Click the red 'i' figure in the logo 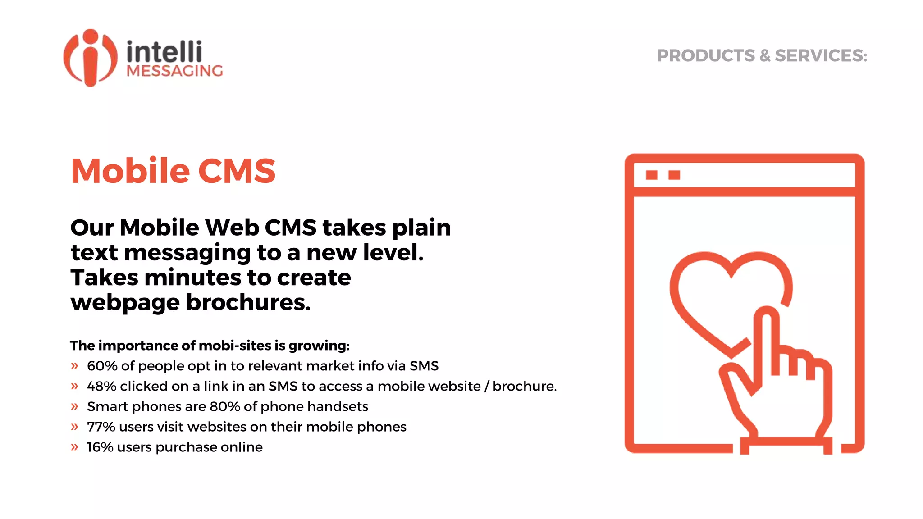coord(91,59)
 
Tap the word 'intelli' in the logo coord(164,52)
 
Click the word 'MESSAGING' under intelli coord(175,71)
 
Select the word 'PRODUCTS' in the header coord(705,56)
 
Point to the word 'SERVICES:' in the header coord(821,56)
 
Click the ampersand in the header coord(765,56)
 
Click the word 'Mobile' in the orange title coord(131,171)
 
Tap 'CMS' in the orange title coord(237,171)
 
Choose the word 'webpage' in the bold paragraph coord(125,303)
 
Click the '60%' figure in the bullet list coord(102,366)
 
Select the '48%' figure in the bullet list coord(102,386)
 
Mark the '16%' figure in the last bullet coord(100,447)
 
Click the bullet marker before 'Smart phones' coord(74,406)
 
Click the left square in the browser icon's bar coord(651,175)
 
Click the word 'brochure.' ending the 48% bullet coord(525,386)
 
